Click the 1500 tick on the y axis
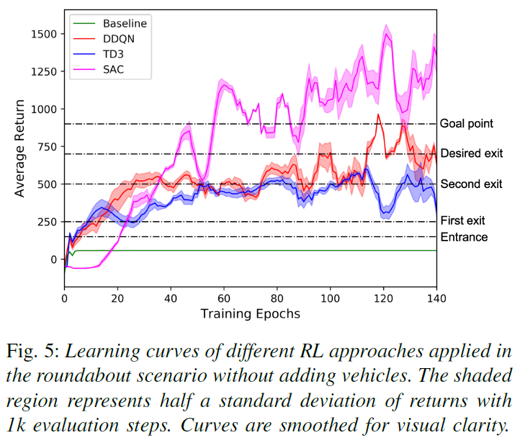coord(42,34)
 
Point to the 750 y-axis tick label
coord(46,146)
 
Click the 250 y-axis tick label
coord(46,222)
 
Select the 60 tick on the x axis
coord(224,298)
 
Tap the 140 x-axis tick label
coord(436,298)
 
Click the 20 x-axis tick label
coord(118,298)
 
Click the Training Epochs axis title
coord(251,313)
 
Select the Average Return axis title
coord(20,148)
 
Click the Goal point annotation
coord(466,124)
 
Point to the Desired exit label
coord(471,153)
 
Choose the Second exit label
coord(471,184)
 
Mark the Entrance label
coord(464,237)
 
